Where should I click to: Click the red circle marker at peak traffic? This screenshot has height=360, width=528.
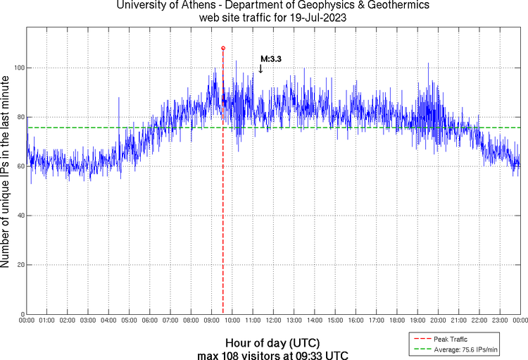point(223,48)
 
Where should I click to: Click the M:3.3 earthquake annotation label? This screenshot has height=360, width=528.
point(271,59)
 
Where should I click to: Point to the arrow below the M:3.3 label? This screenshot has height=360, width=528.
point(260,69)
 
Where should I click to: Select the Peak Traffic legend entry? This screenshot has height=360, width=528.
point(450,339)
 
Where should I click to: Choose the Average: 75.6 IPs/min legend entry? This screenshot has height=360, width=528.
point(465,349)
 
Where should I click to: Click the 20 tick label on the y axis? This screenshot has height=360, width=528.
point(20,265)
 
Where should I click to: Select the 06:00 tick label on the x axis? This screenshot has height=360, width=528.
point(150,321)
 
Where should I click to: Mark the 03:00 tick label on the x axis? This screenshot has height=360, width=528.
point(88,321)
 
